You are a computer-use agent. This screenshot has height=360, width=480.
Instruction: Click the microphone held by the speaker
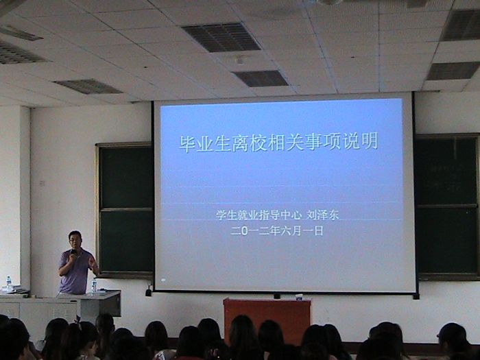click(x=73, y=252)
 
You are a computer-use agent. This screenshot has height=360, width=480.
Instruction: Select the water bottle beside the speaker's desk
click(x=94, y=287)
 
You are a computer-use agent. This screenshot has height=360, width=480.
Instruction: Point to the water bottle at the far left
click(x=9, y=283)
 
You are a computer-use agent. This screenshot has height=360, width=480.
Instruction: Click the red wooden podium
click(x=267, y=318)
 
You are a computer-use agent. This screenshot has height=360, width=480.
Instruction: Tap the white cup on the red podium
click(x=299, y=297)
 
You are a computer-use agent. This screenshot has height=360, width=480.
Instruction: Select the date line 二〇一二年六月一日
click(x=277, y=230)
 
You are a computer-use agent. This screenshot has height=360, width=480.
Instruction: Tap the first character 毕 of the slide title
click(x=188, y=143)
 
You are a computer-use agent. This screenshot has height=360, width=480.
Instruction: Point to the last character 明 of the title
click(x=370, y=141)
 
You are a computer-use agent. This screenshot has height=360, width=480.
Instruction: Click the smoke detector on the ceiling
click(x=240, y=60)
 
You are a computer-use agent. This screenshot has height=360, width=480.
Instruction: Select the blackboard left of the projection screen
click(x=125, y=209)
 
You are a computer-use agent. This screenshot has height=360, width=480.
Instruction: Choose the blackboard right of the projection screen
click(x=446, y=206)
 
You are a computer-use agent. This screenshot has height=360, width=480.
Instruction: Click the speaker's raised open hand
click(x=92, y=262)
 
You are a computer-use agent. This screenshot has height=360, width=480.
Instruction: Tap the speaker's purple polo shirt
click(x=75, y=272)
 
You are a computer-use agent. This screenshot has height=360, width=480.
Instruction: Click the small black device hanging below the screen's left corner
click(x=149, y=291)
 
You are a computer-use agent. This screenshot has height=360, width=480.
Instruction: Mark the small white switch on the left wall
click(x=43, y=184)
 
